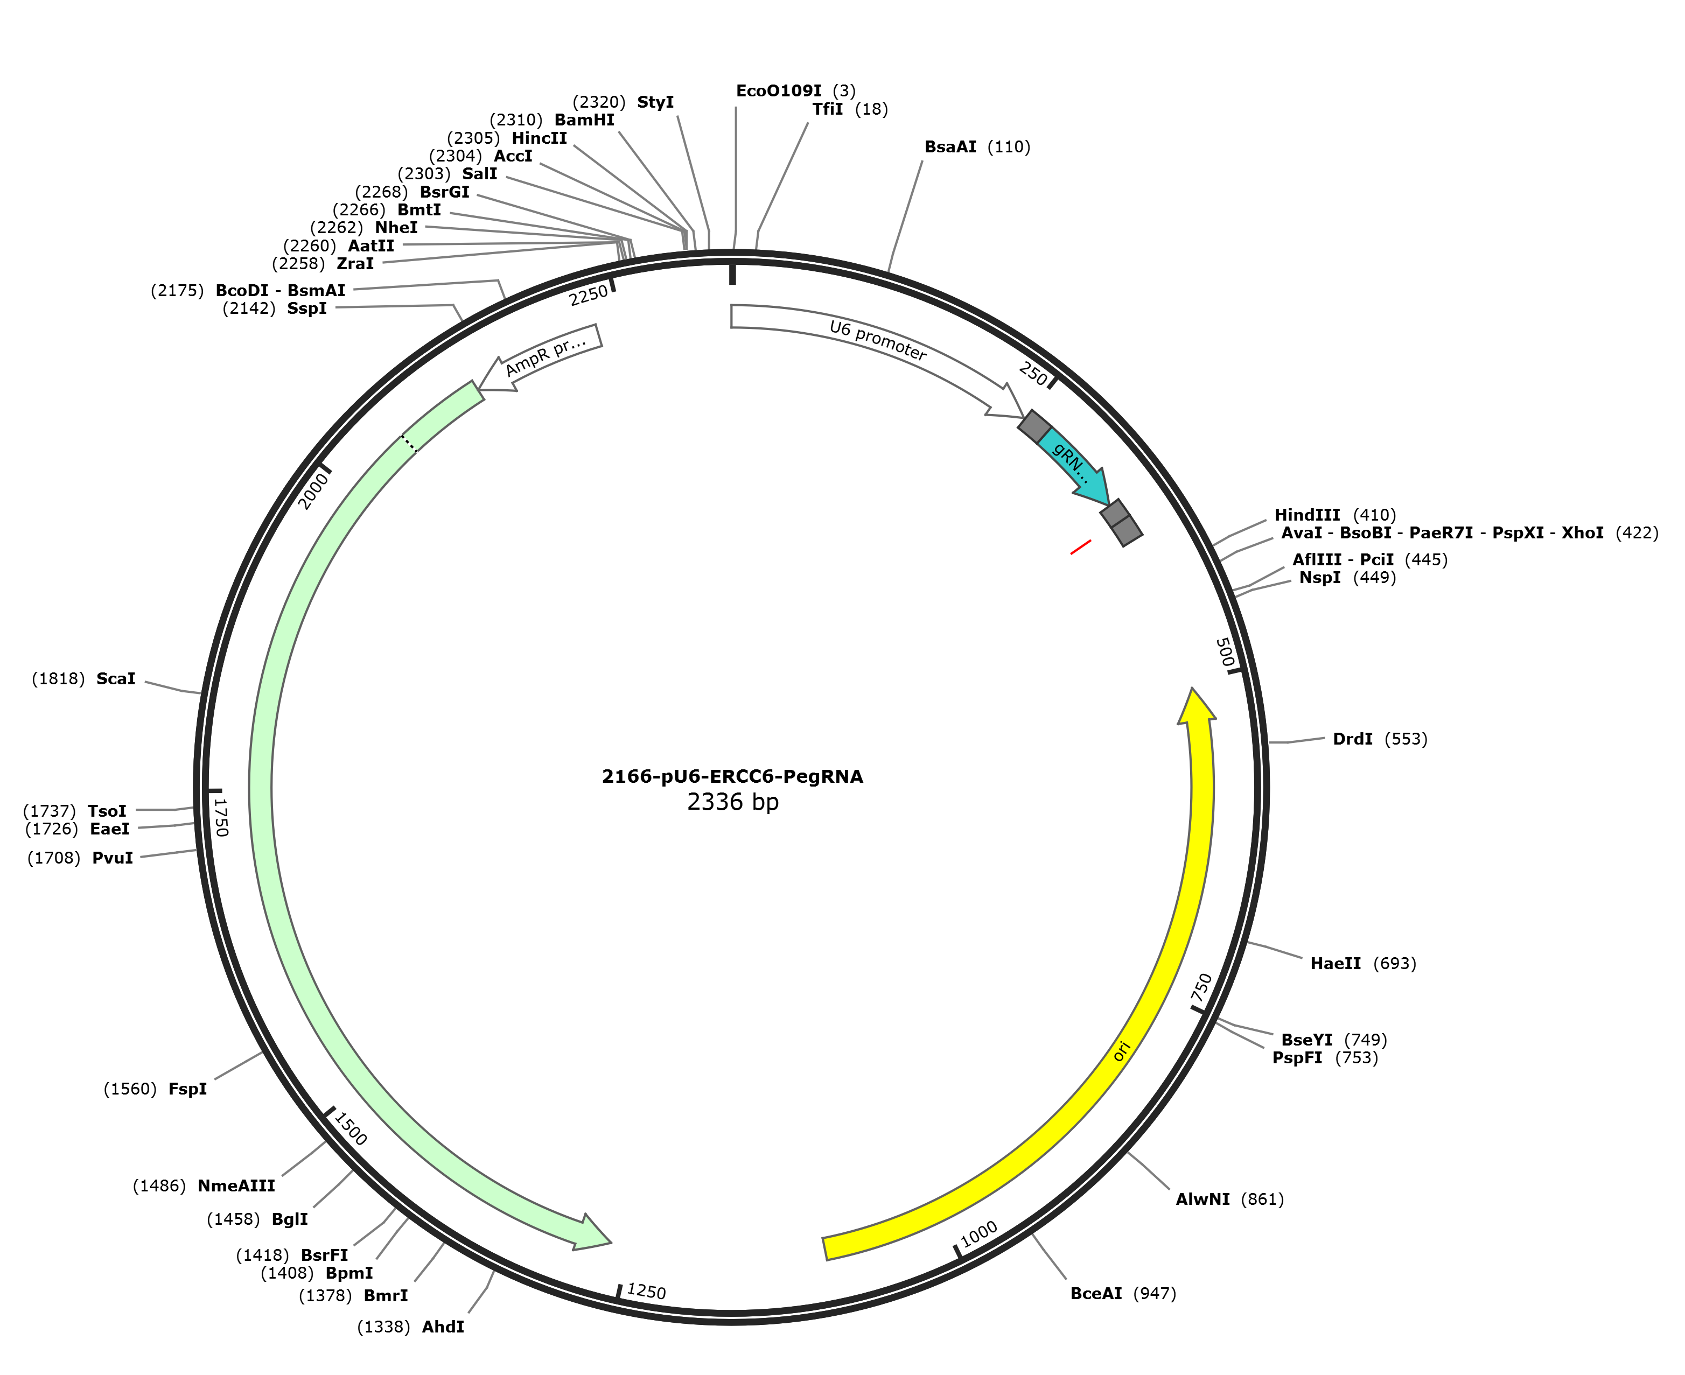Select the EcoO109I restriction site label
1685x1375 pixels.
click(779, 91)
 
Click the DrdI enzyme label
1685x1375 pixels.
click(1352, 739)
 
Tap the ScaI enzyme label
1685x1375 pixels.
click(116, 679)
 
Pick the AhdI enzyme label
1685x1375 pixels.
click(443, 1327)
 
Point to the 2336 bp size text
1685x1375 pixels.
click(733, 802)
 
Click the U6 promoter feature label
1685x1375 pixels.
click(878, 341)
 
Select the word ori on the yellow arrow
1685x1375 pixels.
click(1121, 1051)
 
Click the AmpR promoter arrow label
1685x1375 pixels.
click(546, 356)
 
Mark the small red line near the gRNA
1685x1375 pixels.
click(1081, 548)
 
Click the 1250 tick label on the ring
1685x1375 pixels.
click(646, 1292)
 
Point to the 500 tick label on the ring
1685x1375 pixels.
click(1225, 653)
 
